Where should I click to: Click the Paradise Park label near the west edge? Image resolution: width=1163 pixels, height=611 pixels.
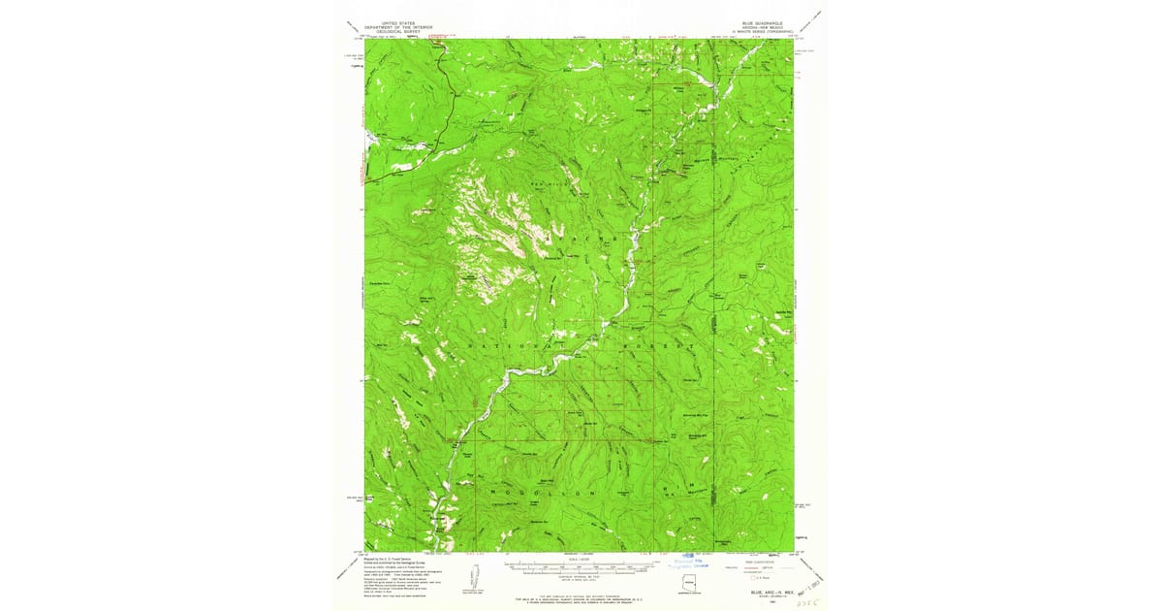(x=384, y=281)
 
